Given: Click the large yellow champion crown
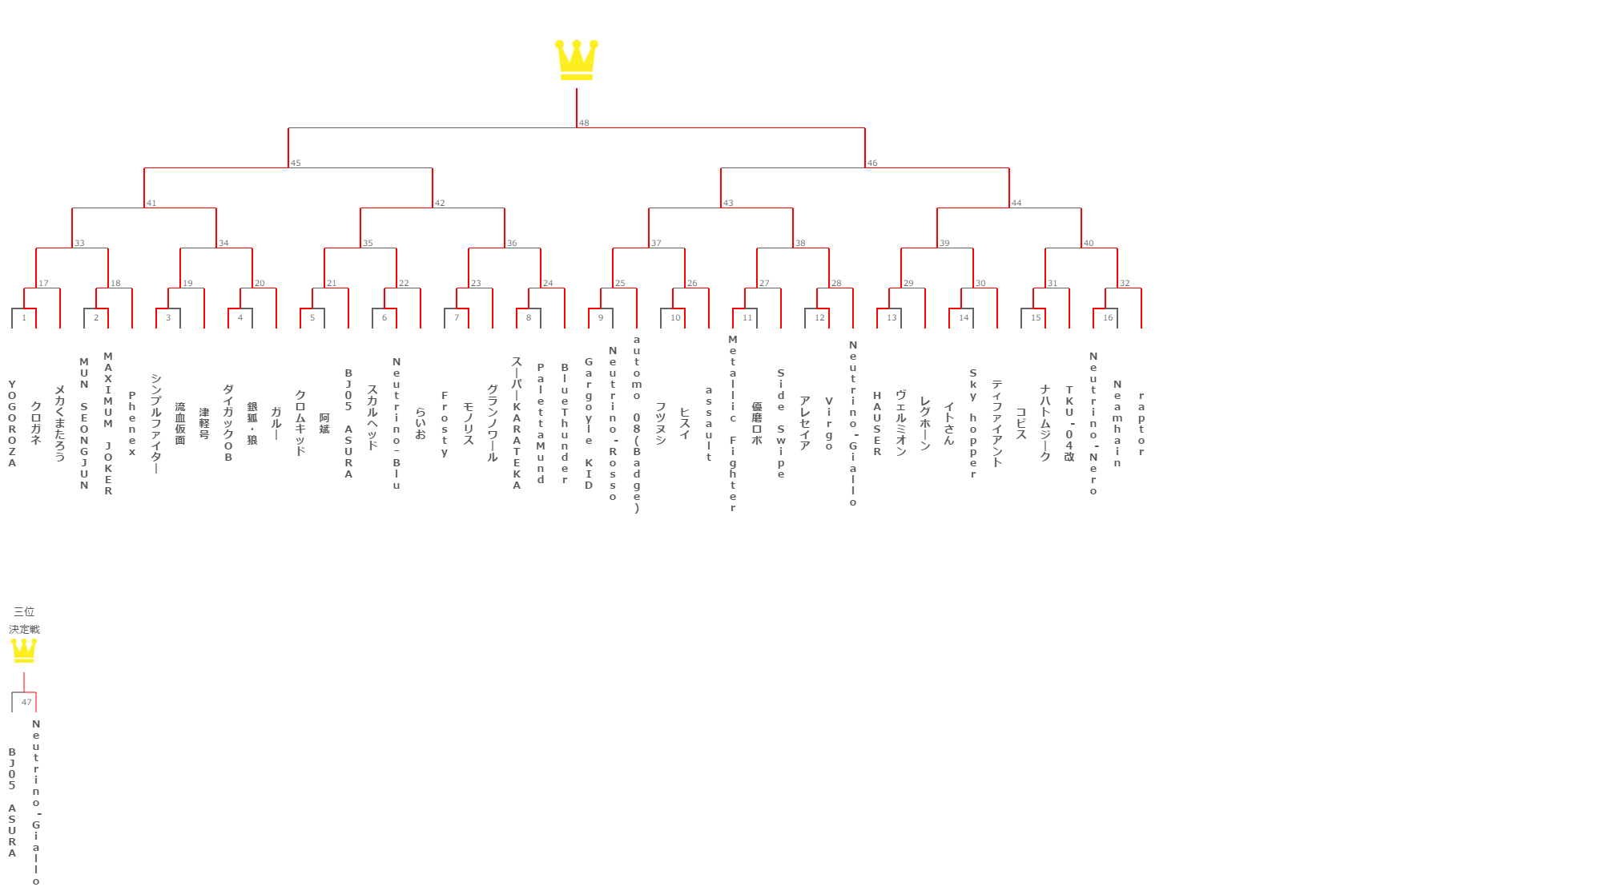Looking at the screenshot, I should pyautogui.click(x=576, y=60).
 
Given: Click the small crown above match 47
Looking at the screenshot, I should pyautogui.click(x=24, y=650).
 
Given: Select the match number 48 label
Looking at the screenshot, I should pyautogui.click(x=584, y=123).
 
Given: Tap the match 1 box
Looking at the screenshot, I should pyautogui.click(x=24, y=317).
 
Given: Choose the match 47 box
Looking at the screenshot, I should pyautogui.click(x=25, y=702).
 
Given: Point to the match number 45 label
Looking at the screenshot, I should pyautogui.click(x=296, y=163).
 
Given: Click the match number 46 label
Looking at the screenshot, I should pyautogui.click(x=872, y=163).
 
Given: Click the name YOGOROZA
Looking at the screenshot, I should pyautogui.click(x=12, y=423).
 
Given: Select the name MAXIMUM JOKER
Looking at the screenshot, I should pyautogui.click(x=108, y=423).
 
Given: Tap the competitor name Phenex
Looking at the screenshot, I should pyautogui.click(x=132, y=423).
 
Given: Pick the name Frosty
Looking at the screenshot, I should pyautogui.click(x=445, y=424).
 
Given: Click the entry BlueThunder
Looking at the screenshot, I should pyautogui.click(x=565, y=423).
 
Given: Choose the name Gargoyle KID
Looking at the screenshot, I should pyautogui.click(x=589, y=423).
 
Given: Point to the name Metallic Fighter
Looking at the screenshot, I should pyautogui.click(x=733, y=423).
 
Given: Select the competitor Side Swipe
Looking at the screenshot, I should pyautogui.click(x=781, y=423).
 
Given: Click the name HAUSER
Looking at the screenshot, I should pyautogui.click(x=877, y=423).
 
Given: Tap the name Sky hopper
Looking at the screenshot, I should pyautogui.click(x=973, y=423).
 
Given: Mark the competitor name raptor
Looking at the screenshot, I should pyautogui.click(x=1141, y=423).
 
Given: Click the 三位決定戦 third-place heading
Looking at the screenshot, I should pyautogui.click(x=24, y=620).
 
